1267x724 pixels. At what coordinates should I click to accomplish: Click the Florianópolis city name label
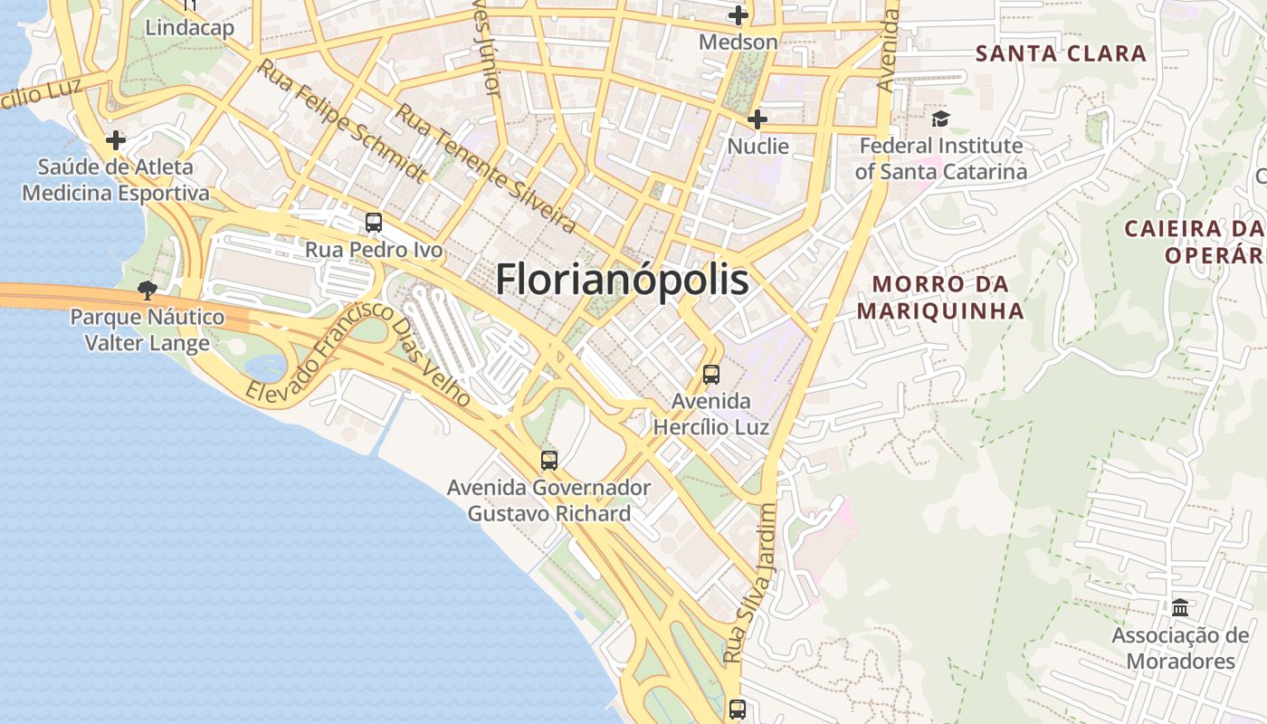click(622, 280)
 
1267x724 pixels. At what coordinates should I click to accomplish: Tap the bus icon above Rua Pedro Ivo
click(373, 223)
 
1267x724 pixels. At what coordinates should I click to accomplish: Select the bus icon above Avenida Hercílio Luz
click(711, 374)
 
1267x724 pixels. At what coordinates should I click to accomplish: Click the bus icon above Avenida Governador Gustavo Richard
click(549, 460)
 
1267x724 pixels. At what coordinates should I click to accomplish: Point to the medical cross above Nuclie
click(757, 119)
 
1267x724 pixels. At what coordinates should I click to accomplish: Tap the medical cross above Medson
click(738, 15)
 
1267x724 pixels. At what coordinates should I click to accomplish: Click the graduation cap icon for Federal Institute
click(941, 119)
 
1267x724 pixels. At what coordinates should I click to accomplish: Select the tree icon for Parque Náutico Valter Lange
click(147, 291)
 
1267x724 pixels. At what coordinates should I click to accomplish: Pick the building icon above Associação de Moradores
click(1180, 607)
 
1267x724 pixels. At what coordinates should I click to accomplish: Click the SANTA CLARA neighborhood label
click(1061, 53)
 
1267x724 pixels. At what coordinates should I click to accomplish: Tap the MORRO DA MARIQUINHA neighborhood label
click(940, 298)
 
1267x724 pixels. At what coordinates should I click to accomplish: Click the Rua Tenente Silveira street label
click(486, 168)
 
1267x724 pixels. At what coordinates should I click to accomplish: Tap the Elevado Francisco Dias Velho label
click(358, 355)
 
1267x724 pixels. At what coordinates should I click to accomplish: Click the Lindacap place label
click(190, 28)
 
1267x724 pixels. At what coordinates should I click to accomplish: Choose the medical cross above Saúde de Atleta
click(116, 140)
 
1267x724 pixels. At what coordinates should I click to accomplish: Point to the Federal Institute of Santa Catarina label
click(941, 158)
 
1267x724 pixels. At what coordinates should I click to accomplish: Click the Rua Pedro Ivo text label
click(374, 250)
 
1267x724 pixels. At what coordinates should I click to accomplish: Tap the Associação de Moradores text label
click(1180, 648)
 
